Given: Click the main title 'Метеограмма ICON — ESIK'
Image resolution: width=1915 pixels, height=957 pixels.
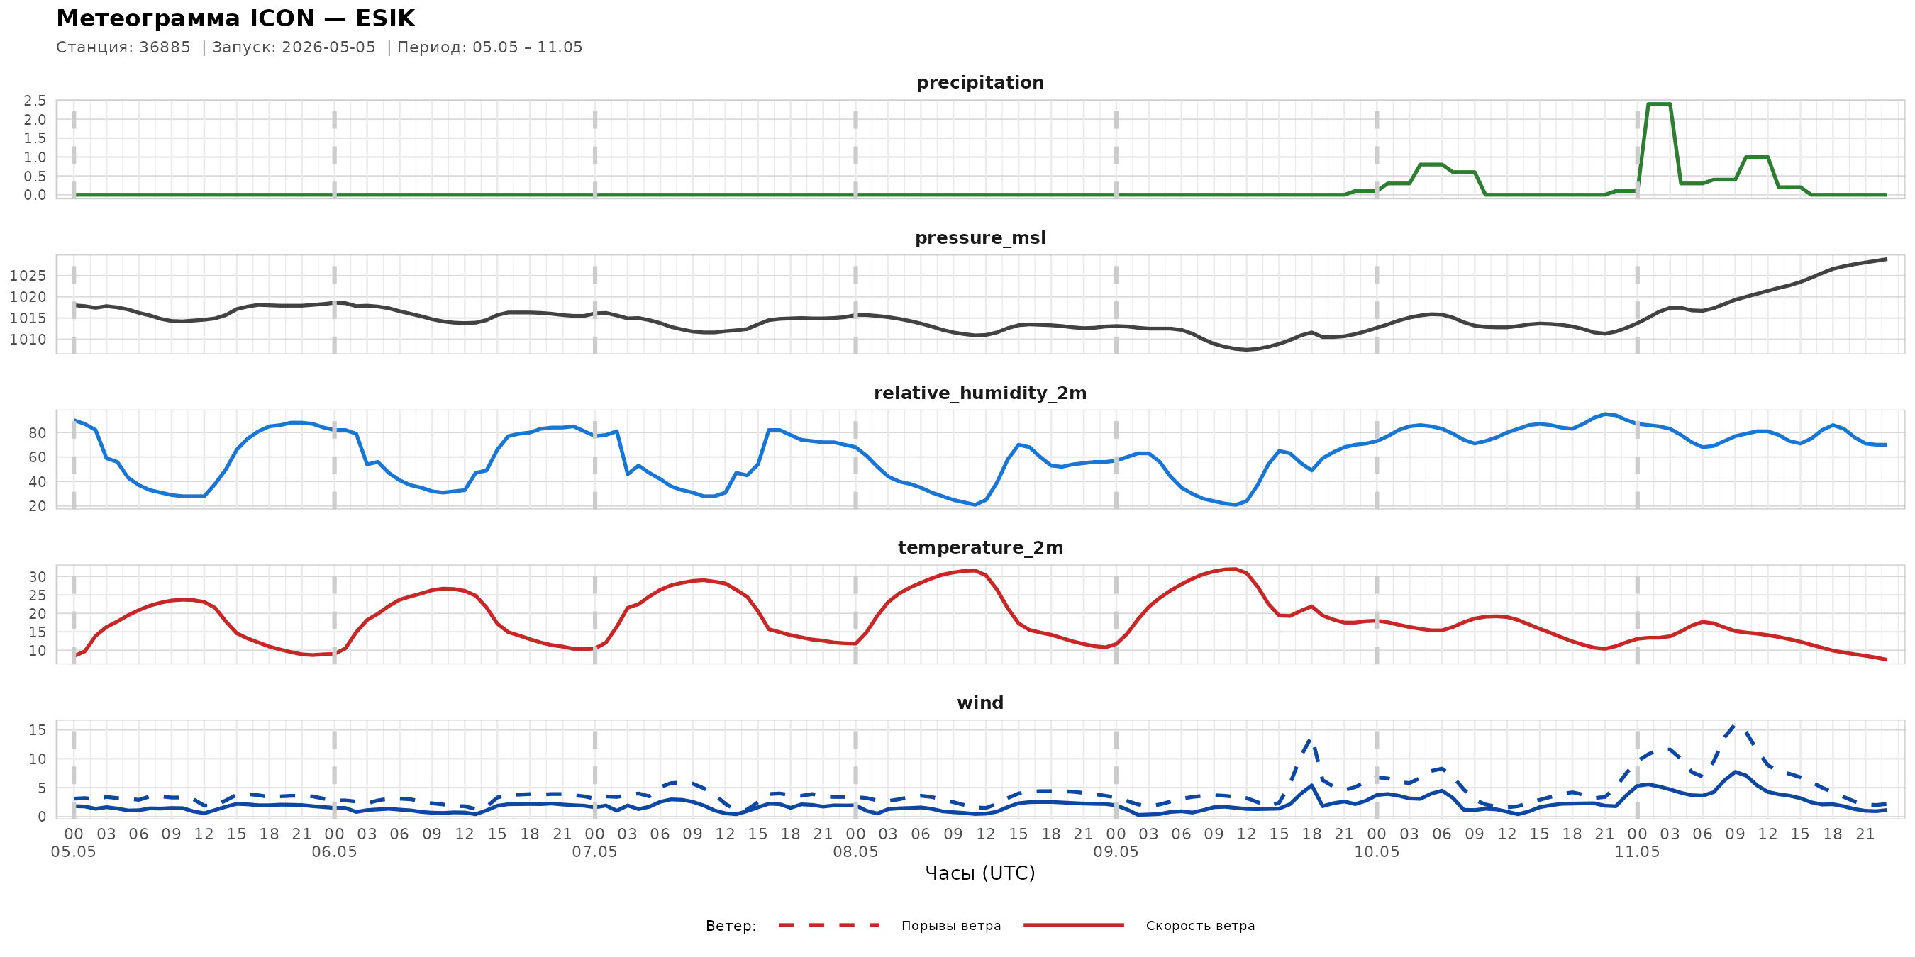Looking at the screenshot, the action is [x=235, y=18].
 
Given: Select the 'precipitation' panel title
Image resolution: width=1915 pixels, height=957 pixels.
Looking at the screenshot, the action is [x=979, y=82].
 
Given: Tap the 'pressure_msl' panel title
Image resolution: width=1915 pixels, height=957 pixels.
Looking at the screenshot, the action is [x=979, y=237].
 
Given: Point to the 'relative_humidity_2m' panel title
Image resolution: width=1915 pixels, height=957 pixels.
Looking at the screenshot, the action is [x=979, y=393].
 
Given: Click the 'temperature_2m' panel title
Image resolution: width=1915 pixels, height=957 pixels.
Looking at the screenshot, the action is [x=979, y=547].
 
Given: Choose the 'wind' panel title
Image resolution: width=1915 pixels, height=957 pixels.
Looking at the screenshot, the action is [x=979, y=703].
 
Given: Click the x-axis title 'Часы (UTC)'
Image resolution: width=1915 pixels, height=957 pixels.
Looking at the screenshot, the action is [x=979, y=873].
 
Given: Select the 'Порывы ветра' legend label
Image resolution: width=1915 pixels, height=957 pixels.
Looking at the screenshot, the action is [x=951, y=926].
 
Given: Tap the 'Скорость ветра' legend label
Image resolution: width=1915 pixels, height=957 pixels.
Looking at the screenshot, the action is [x=1200, y=926].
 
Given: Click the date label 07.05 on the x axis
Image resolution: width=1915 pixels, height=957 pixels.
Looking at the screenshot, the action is [x=595, y=852].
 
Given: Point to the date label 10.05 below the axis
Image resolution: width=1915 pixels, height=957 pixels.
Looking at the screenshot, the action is [x=1376, y=852].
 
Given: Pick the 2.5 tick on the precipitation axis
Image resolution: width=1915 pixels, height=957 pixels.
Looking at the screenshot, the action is [x=35, y=100].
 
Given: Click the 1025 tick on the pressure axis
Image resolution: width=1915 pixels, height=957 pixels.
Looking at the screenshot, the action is [x=28, y=276].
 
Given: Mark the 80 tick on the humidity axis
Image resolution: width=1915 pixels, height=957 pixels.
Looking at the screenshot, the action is [x=37, y=432].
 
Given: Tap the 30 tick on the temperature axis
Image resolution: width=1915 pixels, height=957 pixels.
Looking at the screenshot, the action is [x=37, y=576].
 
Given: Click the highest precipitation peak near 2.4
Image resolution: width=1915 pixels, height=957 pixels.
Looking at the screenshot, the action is [x=1658, y=104].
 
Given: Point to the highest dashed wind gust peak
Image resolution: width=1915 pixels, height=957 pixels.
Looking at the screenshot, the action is [x=1735, y=724].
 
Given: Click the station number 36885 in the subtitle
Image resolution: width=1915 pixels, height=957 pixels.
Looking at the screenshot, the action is [x=165, y=47].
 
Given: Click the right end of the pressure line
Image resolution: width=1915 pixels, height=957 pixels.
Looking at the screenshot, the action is [x=1886, y=259].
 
